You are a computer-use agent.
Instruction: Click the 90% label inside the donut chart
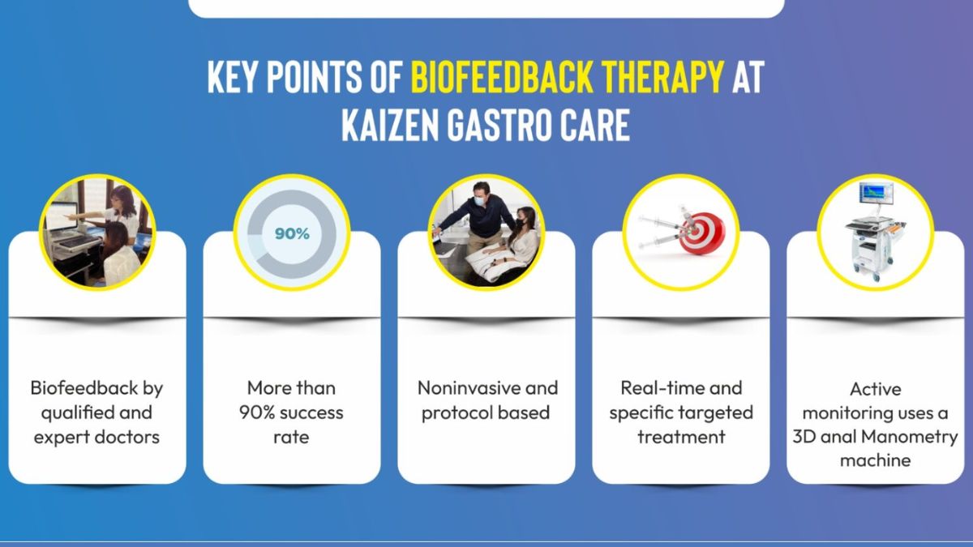pos(292,233)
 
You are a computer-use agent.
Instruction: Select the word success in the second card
pos(311,412)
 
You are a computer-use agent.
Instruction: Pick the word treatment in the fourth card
pos(681,437)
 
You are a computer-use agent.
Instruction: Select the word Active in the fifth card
pos(876,390)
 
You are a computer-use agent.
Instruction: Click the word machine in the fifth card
pos(876,460)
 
